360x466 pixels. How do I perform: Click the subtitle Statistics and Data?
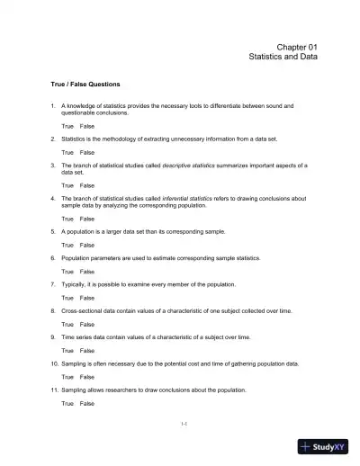(283, 57)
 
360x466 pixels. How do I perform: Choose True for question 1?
(67, 126)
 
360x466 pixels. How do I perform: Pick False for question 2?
(87, 153)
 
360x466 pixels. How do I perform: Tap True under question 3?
(67, 185)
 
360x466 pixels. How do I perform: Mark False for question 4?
(87, 219)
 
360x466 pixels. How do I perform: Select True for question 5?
(67, 245)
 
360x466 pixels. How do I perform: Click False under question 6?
(87, 271)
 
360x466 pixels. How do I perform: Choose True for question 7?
(67, 297)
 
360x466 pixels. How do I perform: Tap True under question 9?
(67, 350)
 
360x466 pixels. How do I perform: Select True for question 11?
(67, 403)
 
